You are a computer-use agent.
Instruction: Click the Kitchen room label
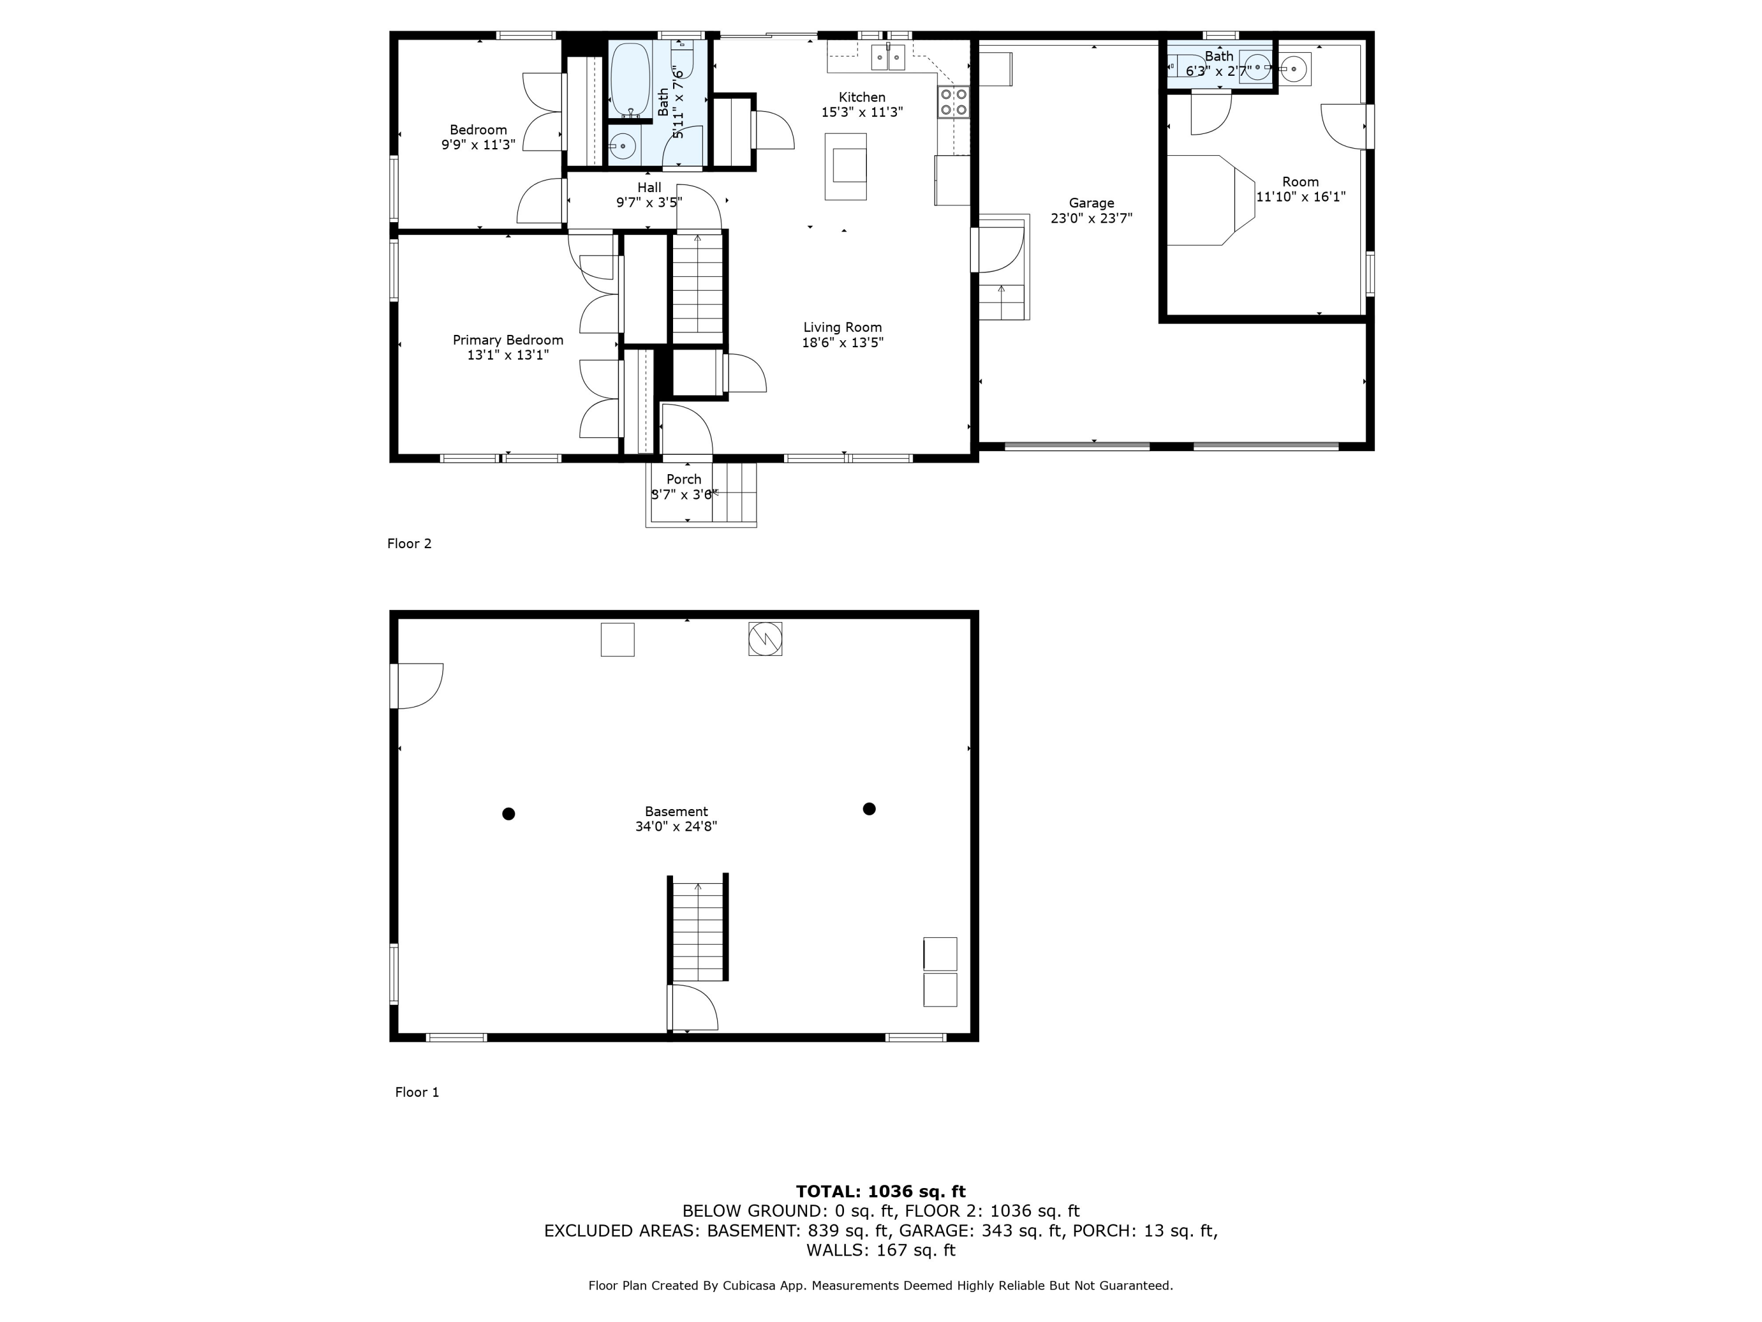(x=862, y=97)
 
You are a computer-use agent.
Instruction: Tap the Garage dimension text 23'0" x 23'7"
(x=1091, y=219)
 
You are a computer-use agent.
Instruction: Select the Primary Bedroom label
(x=508, y=340)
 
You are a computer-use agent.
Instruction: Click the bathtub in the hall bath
(x=630, y=80)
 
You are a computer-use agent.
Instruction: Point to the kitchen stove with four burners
(x=953, y=101)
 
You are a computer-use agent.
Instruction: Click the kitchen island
(x=845, y=166)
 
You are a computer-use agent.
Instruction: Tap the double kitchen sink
(x=888, y=58)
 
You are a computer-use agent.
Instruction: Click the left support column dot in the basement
(x=508, y=814)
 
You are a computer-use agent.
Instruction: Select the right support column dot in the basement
(x=869, y=809)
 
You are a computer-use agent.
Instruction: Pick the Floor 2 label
(x=409, y=543)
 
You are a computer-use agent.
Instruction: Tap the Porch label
(x=684, y=479)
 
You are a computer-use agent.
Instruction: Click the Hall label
(x=649, y=187)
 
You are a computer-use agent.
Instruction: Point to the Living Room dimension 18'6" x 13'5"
(x=843, y=343)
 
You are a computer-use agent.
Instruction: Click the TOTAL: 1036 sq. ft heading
(x=881, y=1192)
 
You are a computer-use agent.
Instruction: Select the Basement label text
(x=676, y=812)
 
